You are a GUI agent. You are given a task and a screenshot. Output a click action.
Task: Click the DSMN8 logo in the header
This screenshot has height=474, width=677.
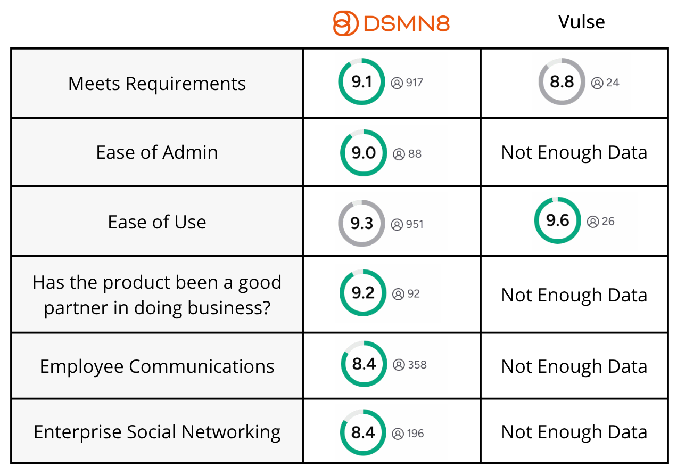pos(391,23)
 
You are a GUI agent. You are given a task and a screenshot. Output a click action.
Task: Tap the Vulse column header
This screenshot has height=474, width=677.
pos(582,22)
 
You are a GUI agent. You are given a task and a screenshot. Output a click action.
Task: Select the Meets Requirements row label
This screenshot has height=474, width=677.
pos(157,84)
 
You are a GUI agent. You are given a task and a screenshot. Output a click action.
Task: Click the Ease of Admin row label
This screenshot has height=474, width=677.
pos(157,152)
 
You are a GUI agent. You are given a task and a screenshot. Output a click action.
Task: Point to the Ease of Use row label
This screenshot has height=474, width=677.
pos(157,222)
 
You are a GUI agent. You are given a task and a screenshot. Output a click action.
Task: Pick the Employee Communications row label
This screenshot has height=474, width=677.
pos(157,366)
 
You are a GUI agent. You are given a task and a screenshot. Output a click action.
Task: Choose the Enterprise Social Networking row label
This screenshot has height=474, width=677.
pos(157,432)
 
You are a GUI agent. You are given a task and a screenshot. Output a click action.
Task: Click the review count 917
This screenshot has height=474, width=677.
pos(415,83)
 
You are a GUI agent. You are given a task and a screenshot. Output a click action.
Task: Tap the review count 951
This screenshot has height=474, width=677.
pos(415,224)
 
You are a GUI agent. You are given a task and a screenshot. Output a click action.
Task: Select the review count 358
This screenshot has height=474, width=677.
pos(417,365)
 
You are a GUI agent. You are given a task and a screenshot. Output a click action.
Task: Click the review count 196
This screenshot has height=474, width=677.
pos(415,434)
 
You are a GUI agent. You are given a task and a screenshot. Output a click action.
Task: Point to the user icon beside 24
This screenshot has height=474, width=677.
pos(597,83)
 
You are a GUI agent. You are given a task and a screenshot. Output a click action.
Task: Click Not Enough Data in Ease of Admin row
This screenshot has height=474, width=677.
pos(574,152)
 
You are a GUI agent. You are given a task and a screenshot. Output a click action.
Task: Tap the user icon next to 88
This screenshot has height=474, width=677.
pos(399,154)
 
